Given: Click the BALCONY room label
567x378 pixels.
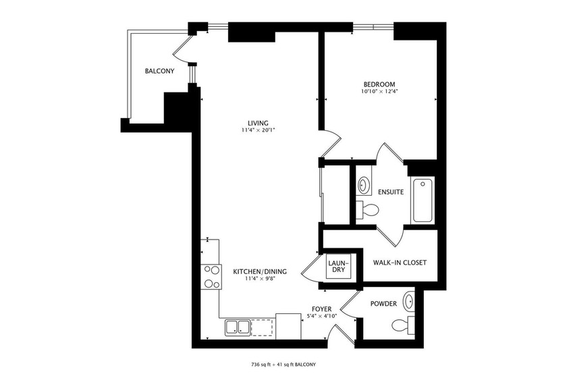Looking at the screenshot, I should tap(159, 72).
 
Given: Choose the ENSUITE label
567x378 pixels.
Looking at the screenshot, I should tap(391, 192).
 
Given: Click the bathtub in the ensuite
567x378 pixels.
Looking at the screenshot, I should tap(423, 200).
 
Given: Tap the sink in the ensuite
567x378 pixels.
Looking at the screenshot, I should tap(363, 184).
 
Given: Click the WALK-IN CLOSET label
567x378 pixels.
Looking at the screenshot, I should tap(400, 263).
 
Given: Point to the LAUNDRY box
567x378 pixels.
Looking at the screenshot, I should tap(337, 266).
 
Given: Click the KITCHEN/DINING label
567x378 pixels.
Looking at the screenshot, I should tap(260, 272).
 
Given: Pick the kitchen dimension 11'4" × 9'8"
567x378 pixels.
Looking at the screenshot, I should tap(260, 279).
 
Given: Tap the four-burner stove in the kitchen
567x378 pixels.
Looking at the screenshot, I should tap(211, 277).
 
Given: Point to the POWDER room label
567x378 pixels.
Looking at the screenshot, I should tap(383, 304).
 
